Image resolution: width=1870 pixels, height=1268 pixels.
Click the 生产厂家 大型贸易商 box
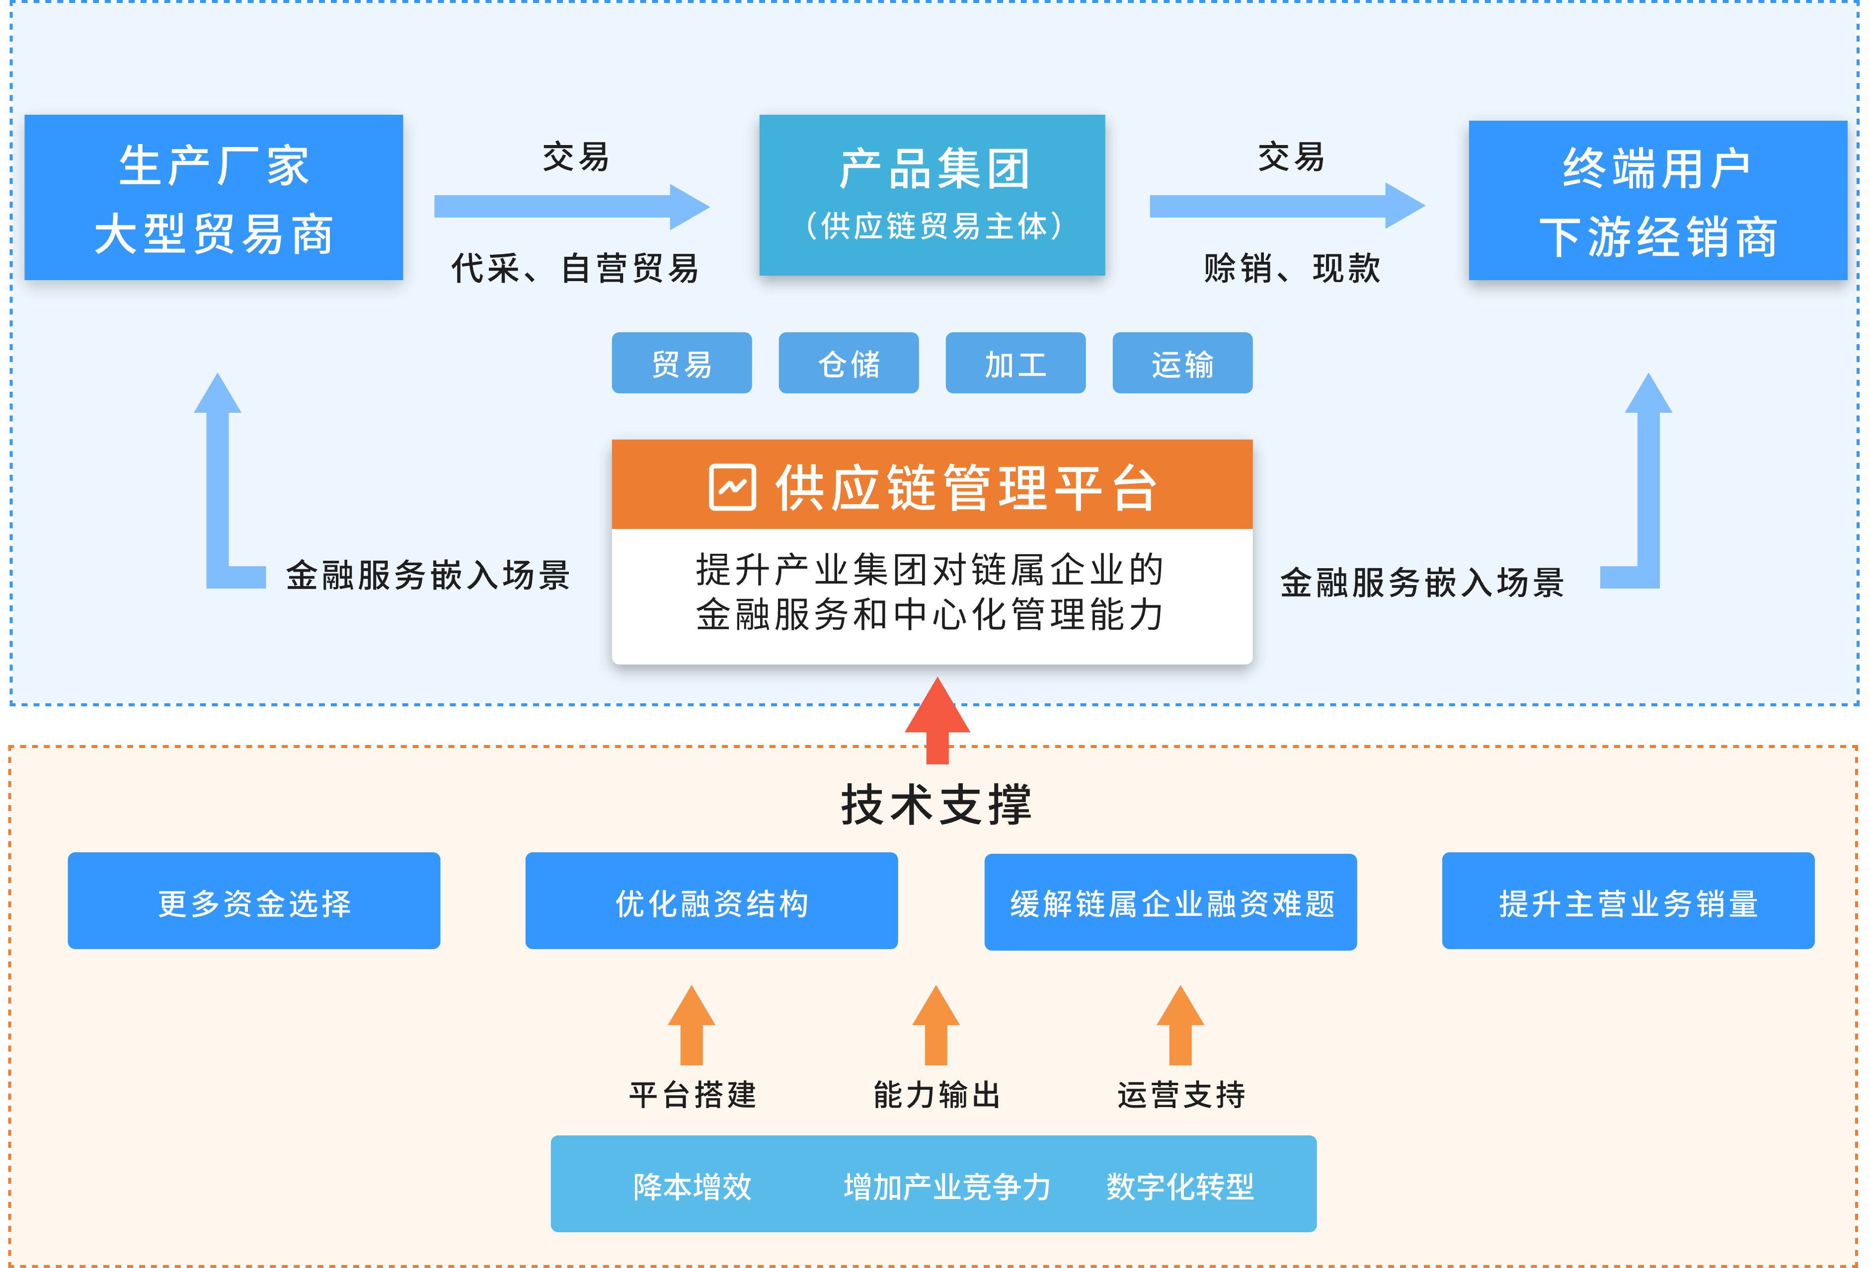click(213, 198)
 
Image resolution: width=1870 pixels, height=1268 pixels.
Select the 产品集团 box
click(932, 196)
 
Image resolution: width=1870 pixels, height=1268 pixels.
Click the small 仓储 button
click(848, 364)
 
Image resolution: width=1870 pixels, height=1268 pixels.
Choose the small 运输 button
click(1182, 364)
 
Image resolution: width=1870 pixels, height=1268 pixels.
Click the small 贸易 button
click(682, 364)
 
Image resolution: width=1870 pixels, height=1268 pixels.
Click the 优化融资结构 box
click(711, 901)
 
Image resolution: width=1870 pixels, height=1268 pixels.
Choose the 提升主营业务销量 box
click(1628, 901)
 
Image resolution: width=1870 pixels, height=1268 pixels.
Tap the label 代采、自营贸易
click(574, 268)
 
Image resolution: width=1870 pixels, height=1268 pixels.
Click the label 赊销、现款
click(1291, 268)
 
